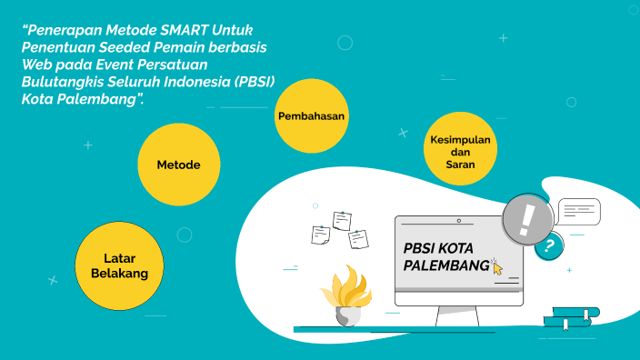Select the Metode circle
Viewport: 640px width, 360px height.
pyautogui.click(x=178, y=165)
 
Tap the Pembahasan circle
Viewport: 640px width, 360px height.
pyautogui.click(x=312, y=116)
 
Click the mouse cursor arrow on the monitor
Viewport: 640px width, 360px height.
pyautogui.click(x=496, y=266)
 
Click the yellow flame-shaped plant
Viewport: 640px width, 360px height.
pyautogui.click(x=346, y=289)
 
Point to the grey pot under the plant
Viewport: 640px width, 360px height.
pyautogui.click(x=348, y=316)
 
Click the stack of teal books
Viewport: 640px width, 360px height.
pyautogui.click(x=570, y=316)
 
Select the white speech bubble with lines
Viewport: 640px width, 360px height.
pyautogui.click(x=579, y=212)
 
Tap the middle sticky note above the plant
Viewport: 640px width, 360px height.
pyautogui.click(x=342, y=220)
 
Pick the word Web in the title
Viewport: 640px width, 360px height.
pyautogui.click(x=35, y=64)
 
